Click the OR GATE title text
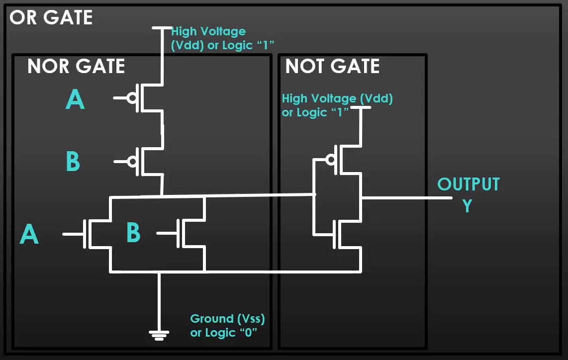coord(51,17)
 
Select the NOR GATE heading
coord(76,66)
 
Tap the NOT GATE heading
coord(332,66)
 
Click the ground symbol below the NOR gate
coord(159,335)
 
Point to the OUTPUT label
coord(468,184)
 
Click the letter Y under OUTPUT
coord(467,205)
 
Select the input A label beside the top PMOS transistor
coord(75,99)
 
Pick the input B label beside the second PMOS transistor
coord(73,162)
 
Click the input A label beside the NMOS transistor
coord(29,234)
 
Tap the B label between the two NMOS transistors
coord(133,233)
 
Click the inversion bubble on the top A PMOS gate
coord(132,98)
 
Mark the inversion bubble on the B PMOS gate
coord(132,161)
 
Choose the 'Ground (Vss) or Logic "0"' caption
coord(227,325)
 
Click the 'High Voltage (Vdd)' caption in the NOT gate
coord(337,105)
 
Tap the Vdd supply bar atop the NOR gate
coord(161,29)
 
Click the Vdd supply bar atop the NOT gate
coord(361,107)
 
